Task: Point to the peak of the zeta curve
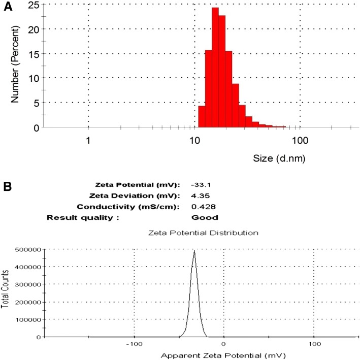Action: pyautogui.click(x=194, y=251)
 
